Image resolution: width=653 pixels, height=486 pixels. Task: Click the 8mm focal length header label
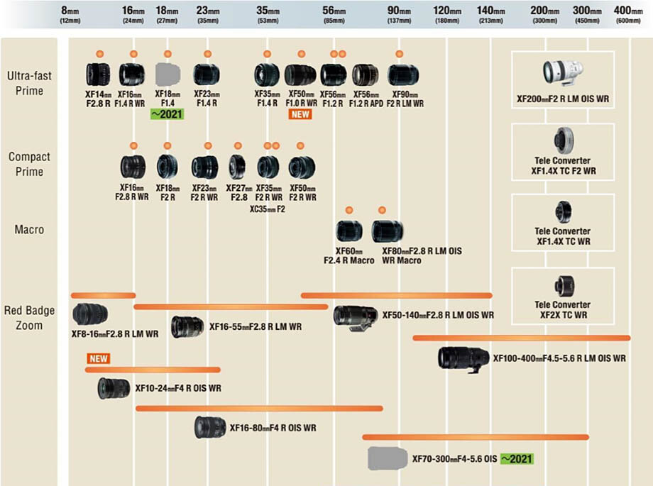70,14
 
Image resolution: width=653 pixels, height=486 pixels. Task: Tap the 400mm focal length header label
627,14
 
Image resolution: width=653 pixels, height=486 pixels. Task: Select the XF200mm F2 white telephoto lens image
562,71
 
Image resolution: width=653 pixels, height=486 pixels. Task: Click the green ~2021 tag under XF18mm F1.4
168,114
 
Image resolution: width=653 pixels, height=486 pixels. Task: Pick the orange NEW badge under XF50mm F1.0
300,114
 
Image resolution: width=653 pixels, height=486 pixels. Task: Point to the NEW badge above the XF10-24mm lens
99,358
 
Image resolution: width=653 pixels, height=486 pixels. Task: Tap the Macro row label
28,230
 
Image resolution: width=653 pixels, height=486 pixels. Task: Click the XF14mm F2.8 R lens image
97,74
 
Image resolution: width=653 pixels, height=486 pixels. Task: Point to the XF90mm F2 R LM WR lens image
402,74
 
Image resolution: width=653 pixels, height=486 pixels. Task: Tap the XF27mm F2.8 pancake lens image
236,167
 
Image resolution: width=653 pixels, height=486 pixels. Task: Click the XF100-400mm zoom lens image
463,358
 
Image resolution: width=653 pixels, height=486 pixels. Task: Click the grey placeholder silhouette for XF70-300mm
387,458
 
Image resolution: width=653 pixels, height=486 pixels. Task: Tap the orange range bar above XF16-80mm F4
259,408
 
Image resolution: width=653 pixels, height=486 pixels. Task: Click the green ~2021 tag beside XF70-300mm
516,459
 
